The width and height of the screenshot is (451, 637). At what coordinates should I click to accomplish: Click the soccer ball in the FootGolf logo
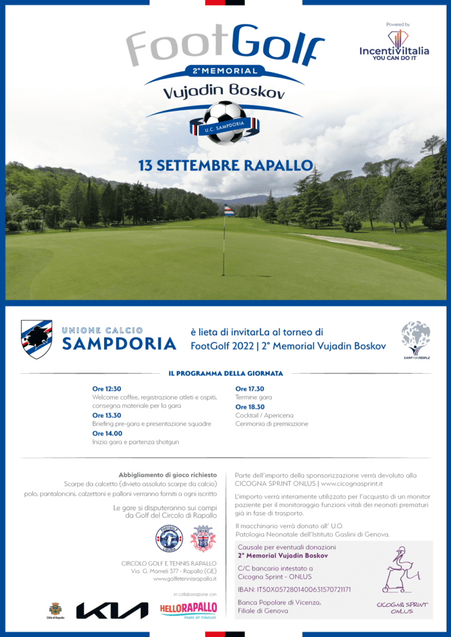[x=225, y=122]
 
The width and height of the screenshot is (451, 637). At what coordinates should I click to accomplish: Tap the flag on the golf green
[x=229, y=211]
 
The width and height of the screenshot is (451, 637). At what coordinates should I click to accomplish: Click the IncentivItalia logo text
[x=394, y=51]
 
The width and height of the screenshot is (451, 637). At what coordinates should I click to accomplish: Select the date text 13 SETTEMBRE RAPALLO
[x=225, y=166]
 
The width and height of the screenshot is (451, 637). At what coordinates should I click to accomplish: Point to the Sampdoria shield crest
[x=37, y=338]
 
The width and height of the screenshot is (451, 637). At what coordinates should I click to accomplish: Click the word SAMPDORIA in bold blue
[x=119, y=343]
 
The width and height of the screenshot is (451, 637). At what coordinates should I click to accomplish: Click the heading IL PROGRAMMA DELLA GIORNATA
[x=225, y=373]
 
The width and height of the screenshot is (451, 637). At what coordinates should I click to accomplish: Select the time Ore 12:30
[x=107, y=389]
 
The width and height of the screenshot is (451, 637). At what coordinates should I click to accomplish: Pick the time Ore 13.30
[x=107, y=415]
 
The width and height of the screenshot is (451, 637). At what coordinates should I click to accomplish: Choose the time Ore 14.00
[x=107, y=433]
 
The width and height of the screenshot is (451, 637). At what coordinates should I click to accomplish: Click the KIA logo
[x=112, y=610]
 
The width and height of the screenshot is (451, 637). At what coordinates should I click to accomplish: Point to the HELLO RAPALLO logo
[x=188, y=608]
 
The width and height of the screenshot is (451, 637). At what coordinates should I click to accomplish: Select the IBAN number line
[x=295, y=589]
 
